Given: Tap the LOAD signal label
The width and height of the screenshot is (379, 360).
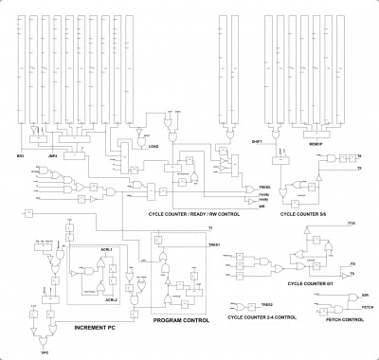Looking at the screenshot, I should (152, 147).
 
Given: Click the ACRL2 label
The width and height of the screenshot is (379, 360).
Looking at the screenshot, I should (111, 299).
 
